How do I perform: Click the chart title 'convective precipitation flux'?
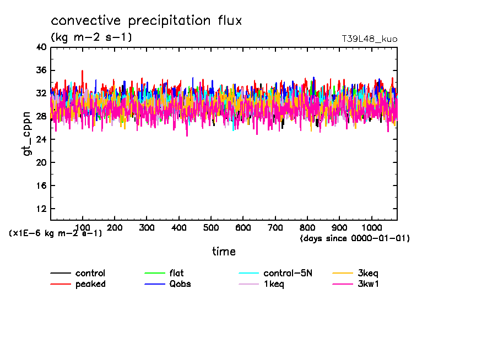tap(147, 21)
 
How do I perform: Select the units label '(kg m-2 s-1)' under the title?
tap(91, 37)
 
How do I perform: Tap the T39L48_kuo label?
tap(370, 39)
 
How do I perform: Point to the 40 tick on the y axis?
tap(41, 47)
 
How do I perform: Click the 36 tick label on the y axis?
tap(41, 70)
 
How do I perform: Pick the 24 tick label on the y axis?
tap(41, 140)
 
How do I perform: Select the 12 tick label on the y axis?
tap(41, 209)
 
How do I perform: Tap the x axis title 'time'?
tap(224, 252)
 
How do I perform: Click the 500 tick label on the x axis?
tap(211, 227)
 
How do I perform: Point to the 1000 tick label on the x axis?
tap(371, 227)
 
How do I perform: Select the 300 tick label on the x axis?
tap(147, 227)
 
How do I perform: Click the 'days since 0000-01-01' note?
tap(355, 238)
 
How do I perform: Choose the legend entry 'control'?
tap(90, 273)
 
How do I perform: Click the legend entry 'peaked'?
tap(90, 284)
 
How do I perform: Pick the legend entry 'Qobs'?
tap(180, 284)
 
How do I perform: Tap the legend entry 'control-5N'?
tap(288, 273)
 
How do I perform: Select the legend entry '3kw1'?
tap(369, 284)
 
